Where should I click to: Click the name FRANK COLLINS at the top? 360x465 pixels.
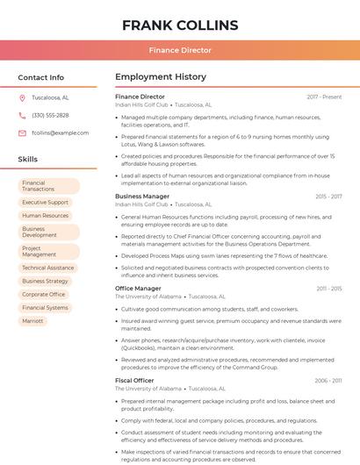180,25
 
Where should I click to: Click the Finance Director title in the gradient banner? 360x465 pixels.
180,50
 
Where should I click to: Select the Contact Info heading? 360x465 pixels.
40,77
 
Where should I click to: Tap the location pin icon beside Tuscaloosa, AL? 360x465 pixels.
22,97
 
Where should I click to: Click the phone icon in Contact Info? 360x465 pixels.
22,115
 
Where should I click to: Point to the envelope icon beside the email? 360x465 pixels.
22,133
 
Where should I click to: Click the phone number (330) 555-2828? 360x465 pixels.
50,115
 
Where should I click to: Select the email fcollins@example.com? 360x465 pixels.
60,133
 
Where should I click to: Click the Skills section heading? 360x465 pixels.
28,160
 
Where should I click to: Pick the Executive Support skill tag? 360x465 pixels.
45,202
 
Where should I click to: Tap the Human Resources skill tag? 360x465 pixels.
45,215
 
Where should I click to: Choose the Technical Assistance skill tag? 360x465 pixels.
47,268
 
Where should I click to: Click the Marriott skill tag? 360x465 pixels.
32,321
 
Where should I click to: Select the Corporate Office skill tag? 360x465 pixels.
44,295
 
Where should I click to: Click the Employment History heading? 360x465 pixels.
161,77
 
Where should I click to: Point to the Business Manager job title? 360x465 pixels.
142,197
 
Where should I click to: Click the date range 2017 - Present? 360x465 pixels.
324,97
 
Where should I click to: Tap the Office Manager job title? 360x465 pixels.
138,289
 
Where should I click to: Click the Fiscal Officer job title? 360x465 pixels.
134,381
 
